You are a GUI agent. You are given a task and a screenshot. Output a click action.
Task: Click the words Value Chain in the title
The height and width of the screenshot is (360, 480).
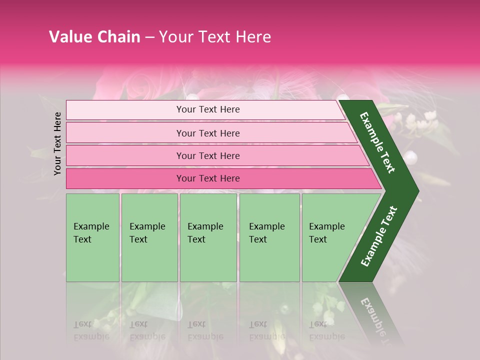coord(94,37)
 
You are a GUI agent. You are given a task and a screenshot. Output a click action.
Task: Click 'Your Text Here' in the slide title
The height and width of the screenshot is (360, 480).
coord(215,37)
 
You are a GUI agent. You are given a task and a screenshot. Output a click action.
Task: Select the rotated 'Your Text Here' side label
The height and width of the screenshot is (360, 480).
coord(57,143)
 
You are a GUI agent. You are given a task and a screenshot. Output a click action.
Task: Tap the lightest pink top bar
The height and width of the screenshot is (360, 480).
coord(125,110)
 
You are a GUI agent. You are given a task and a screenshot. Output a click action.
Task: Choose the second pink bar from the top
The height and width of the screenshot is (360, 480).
coord(125,133)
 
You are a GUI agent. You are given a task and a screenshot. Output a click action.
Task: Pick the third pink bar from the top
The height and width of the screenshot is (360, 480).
coord(125,155)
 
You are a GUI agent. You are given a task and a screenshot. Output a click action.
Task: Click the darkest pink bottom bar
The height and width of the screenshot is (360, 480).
coord(125,178)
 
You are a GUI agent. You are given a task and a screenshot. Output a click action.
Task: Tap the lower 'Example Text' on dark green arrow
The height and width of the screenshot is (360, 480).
coord(379,236)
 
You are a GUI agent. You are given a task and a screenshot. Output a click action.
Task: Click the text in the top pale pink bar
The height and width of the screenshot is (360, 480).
coord(208,109)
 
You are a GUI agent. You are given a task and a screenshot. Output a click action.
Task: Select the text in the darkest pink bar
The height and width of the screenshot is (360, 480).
coord(208,178)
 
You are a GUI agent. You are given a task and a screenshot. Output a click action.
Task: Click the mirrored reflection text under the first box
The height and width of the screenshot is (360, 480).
coord(91,330)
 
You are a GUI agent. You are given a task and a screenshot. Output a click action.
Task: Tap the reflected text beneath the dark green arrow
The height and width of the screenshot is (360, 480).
coord(375,315)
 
